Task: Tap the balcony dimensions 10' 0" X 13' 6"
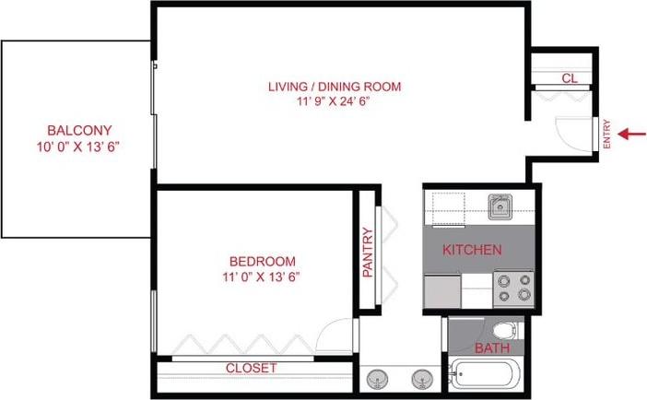[77, 147]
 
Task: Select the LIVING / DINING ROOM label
[335, 87]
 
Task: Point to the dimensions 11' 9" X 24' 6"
[335, 102]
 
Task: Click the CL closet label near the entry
[569, 79]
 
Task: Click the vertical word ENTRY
[606, 135]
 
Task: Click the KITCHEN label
[472, 250]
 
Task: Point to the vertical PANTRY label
[367, 253]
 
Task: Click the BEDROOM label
[264, 261]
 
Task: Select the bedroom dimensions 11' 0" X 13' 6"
[264, 276]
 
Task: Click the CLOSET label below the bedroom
[252, 368]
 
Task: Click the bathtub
[485, 376]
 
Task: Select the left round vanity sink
[378, 377]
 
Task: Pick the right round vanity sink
[422, 377]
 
